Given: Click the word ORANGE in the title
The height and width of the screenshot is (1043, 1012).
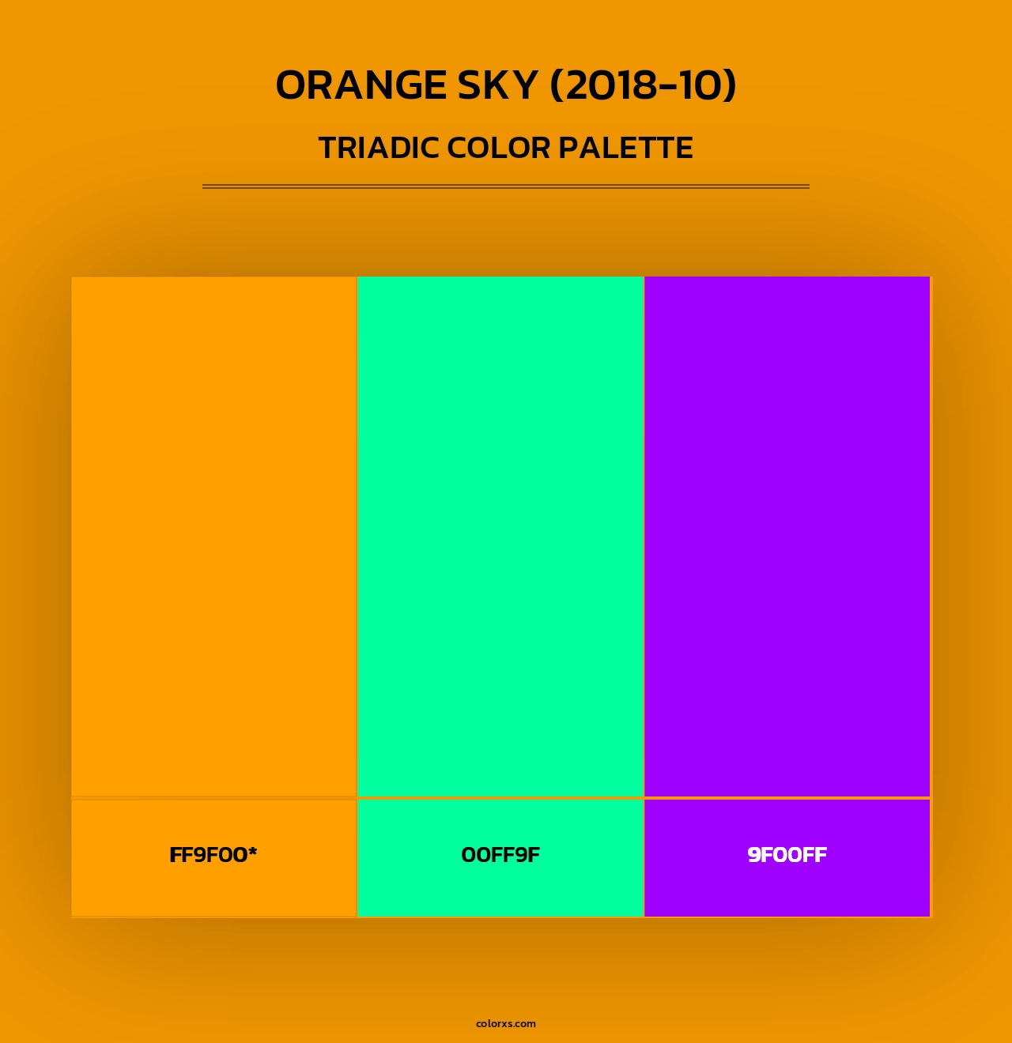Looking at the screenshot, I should [x=361, y=85].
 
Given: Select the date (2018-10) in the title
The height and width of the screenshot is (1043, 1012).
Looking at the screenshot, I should [x=643, y=85].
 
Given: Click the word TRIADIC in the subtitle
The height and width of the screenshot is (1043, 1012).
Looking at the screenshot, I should [x=379, y=148].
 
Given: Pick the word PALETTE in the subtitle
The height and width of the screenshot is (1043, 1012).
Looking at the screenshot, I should [x=626, y=148].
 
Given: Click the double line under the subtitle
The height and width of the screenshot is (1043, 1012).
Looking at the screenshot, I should [x=506, y=186].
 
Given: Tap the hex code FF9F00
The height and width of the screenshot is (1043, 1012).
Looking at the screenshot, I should [x=209, y=855].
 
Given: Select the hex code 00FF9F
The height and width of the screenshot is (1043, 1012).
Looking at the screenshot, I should [x=500, y=855].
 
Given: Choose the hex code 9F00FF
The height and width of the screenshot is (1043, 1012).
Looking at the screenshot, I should [x=787, y=855].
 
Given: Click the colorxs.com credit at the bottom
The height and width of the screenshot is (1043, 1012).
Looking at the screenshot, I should [x=506, y=1023].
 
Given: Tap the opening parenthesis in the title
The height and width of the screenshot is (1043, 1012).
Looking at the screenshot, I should [x=557, y=85].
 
